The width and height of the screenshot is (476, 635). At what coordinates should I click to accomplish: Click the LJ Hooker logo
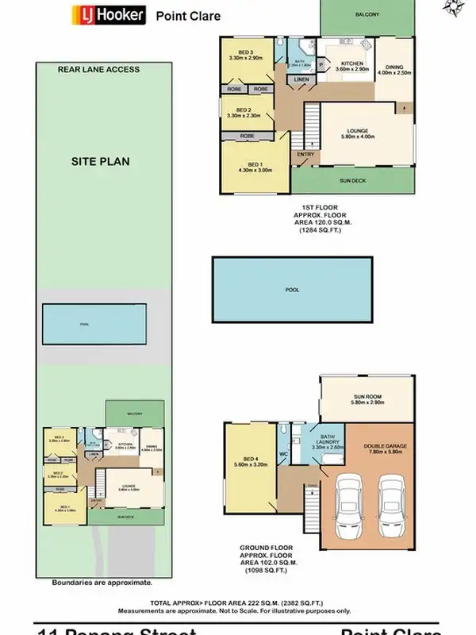[109, 15]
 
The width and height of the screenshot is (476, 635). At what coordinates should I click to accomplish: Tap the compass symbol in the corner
[453, 9]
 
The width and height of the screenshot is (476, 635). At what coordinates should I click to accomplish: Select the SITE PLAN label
[101, 161]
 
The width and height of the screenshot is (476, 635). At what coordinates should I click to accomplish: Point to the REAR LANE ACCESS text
[98, 70]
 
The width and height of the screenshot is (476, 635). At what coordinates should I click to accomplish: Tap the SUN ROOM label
[367, 401]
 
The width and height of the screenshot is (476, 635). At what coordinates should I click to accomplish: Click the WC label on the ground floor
[283, 455]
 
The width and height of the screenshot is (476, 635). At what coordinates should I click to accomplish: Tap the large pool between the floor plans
[293, 291]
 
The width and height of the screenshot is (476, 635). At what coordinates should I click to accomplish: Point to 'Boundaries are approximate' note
[102, 582]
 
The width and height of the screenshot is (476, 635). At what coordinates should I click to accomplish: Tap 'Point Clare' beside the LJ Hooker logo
[188, 16]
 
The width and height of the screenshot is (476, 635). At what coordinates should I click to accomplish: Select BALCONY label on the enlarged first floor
[367, 15]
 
